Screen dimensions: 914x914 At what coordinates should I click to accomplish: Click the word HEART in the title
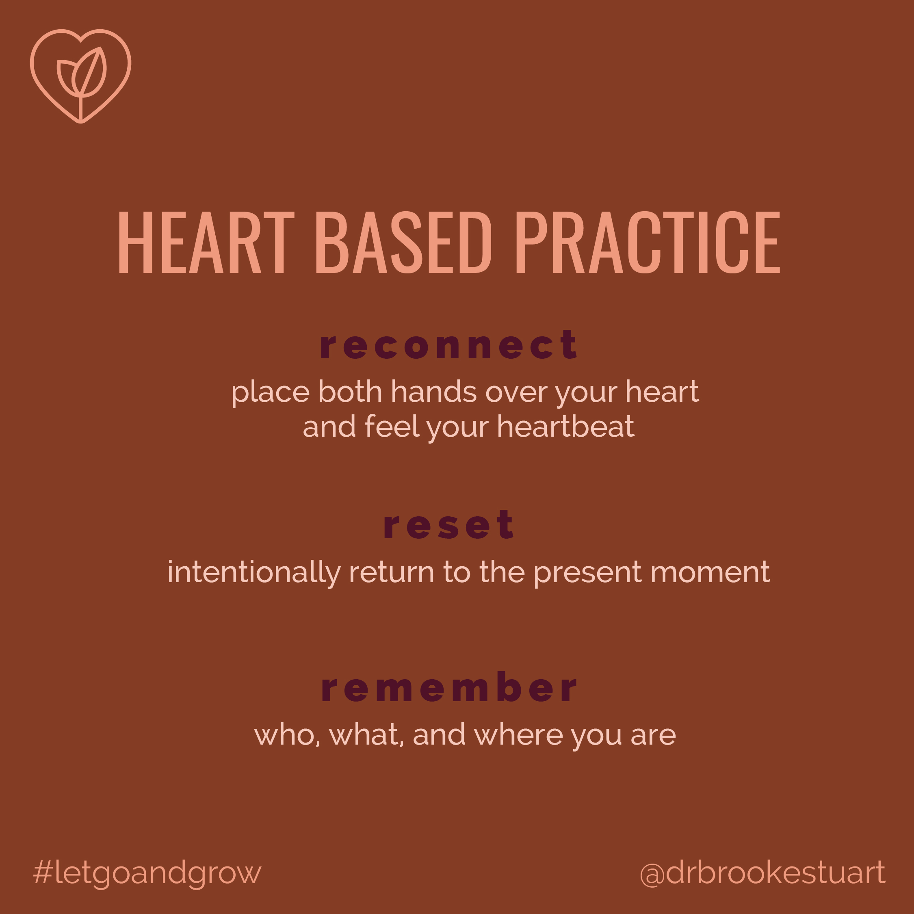(x=206, y=242)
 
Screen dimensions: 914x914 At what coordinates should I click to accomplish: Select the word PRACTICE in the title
(x=648, y=242)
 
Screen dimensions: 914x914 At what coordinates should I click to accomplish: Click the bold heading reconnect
(x=448, y=345)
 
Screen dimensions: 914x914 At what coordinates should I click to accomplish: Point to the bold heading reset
(x=448, y=525)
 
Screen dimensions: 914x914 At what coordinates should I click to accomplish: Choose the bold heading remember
(x=449, y=687)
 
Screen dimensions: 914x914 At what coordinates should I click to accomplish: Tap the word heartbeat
(x=565, y=426)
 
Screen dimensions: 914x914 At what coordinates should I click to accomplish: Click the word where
(x=518, y=735)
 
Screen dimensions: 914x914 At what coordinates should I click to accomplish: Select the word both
(x=350, y=392)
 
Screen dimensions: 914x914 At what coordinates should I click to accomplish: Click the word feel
(x=392, y=426)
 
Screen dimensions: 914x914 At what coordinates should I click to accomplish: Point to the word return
(x=391, y=573)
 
